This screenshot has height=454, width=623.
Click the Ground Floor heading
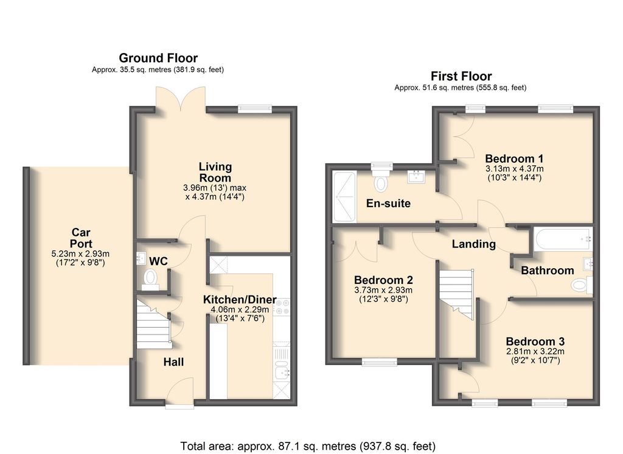[158, 58]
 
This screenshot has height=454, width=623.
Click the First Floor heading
[461, 76]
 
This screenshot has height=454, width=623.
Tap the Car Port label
[81, 238]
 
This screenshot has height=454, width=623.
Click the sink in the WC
[141, 258]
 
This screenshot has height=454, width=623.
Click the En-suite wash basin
[416, 176]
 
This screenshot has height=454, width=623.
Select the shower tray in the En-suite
[344, 197]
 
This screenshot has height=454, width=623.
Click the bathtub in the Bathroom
[563, 239]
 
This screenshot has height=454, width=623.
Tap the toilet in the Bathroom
[581, 285]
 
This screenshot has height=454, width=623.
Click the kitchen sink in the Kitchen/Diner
[282, 372]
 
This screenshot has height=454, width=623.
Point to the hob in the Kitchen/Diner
[282, 307]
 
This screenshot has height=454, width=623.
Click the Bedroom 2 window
[380, 362]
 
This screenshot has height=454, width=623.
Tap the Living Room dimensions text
[215, 192]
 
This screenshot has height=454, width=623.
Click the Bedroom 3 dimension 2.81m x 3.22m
[535, 352]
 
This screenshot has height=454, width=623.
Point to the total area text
[308, 445]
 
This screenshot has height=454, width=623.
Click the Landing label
[473, 244]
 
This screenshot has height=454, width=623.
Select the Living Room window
[255, 108]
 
